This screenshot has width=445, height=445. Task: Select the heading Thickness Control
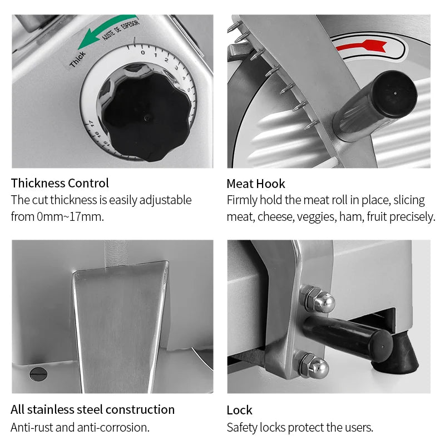pyautogui.click(x=60, y=183)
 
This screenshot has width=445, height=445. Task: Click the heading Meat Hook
pyautogui.click(x=255, y=184)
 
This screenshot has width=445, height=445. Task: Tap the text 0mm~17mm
pyautogui.click(x=70, y=216)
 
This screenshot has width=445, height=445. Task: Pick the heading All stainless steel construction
pyautogui.click(x=92, y=409)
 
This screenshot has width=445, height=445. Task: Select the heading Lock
pyautogui.click(x=239, y=410)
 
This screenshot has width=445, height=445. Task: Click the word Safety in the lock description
pyautogui.click(x=243, y=427)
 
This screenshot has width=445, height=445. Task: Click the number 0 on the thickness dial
pyautogui.click(x=142, y=52)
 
